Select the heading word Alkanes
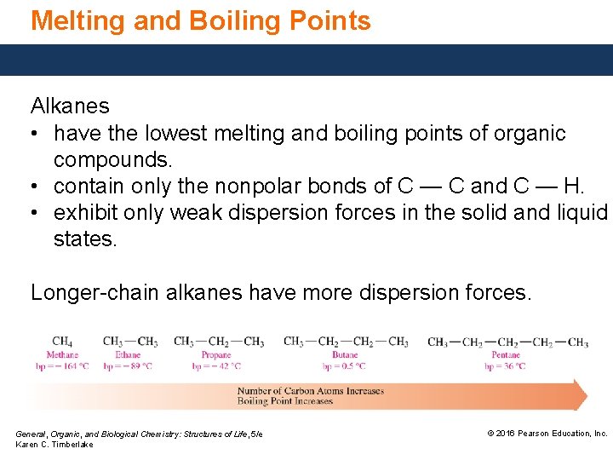[x=70, y=106]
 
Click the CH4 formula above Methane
[x=62, y=342]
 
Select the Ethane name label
[x=128, y=354]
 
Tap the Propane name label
[x=216, y=354]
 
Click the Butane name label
[x=345, y=354]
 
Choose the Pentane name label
[x=506, y=354]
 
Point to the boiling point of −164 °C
[x=61, y=366]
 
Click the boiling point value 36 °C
[x=506, y=366]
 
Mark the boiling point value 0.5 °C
[x=344, y=366]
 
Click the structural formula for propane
[x=219, y=342]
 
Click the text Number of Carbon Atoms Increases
[x=311, y=391]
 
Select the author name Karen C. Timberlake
[x=54, y=445]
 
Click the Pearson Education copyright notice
[x=547, y=434]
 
